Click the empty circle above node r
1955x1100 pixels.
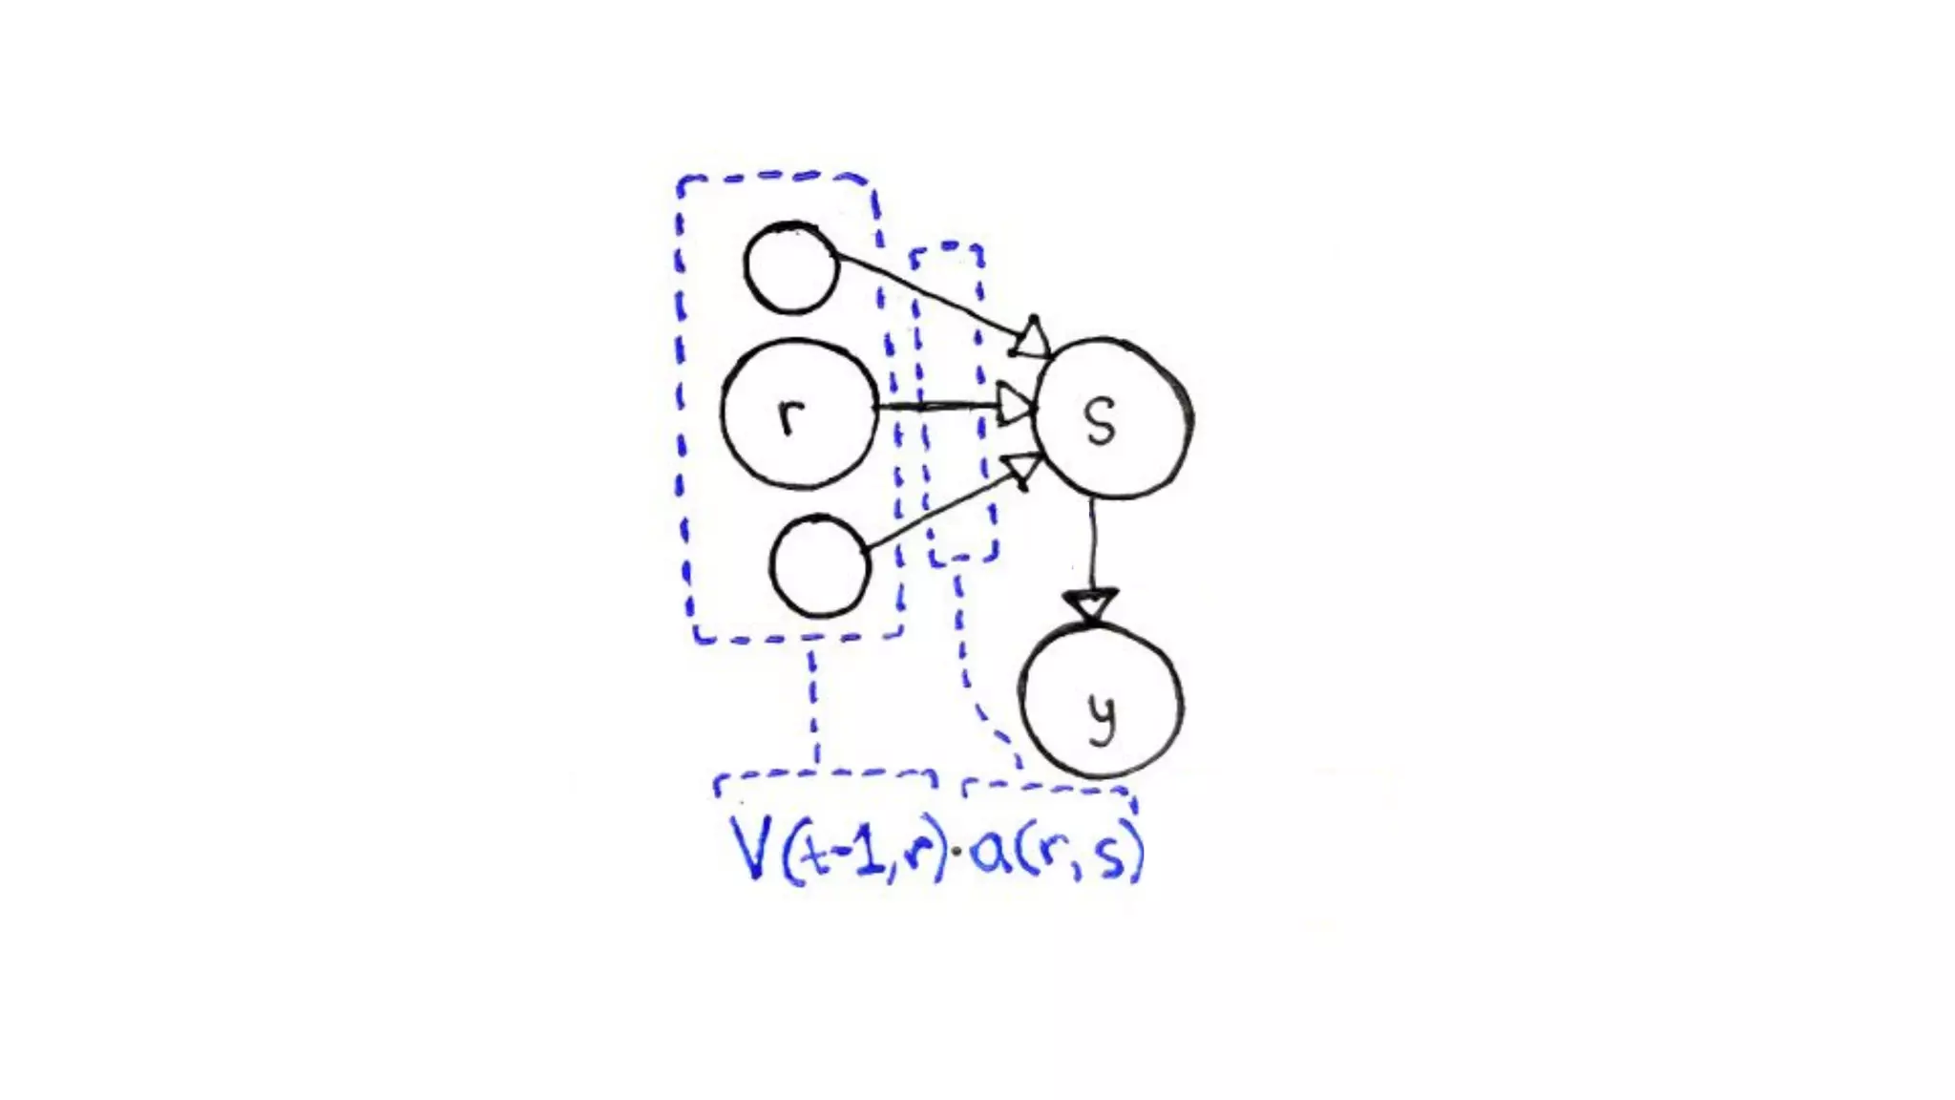coord(790,268)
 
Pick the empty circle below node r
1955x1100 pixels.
coord(820,565)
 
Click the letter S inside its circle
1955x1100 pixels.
coord(1101,421)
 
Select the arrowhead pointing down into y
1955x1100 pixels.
coord(1091,605)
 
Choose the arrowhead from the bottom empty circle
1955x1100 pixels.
coord(1022,468)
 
